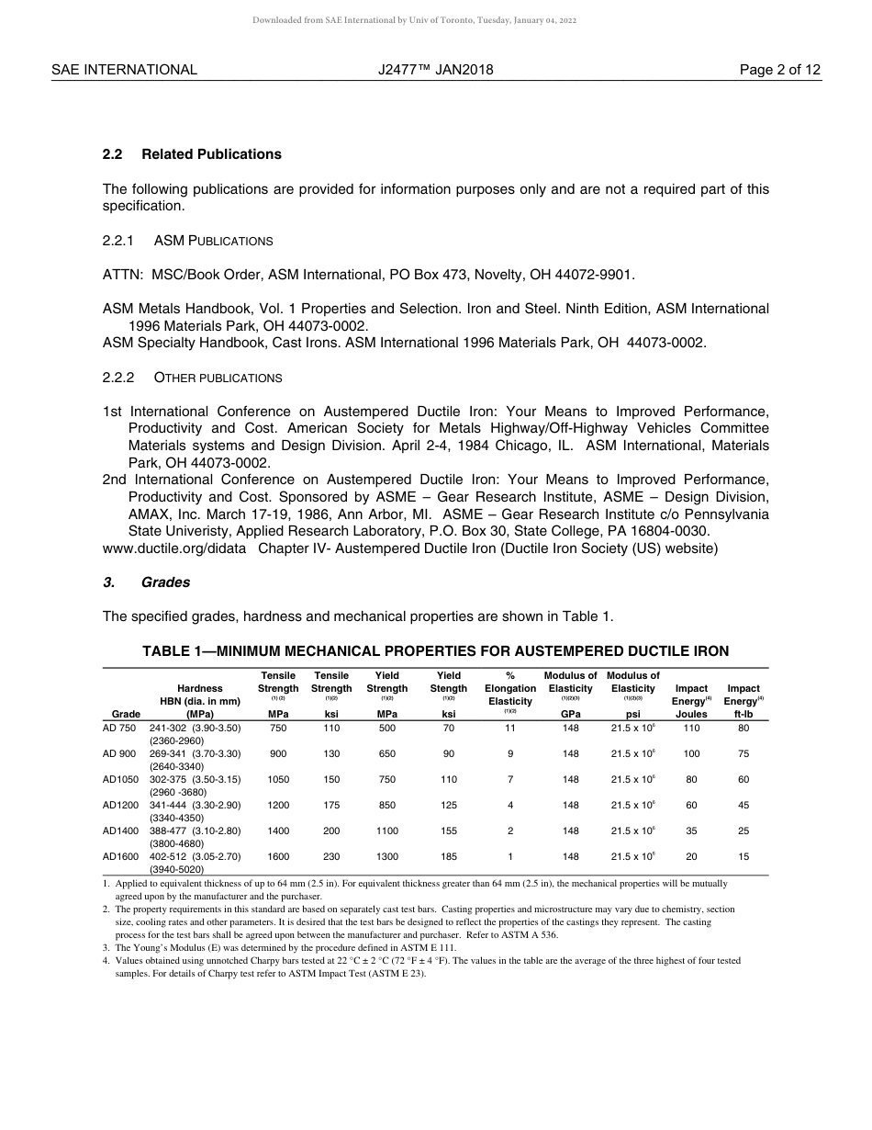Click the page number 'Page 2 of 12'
[780, 70]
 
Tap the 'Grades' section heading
[165, 582]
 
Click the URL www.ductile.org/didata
[174, 548]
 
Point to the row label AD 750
[119, 729]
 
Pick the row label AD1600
[119, 857]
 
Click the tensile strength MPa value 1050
[278, 780]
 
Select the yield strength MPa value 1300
[387, 857]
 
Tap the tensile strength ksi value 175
[331, 806]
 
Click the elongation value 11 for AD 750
[510, 729]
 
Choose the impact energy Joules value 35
[691, 831]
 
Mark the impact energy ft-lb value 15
[743, 857]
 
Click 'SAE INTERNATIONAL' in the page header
[124, 70]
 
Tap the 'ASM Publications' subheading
[213, 241]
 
